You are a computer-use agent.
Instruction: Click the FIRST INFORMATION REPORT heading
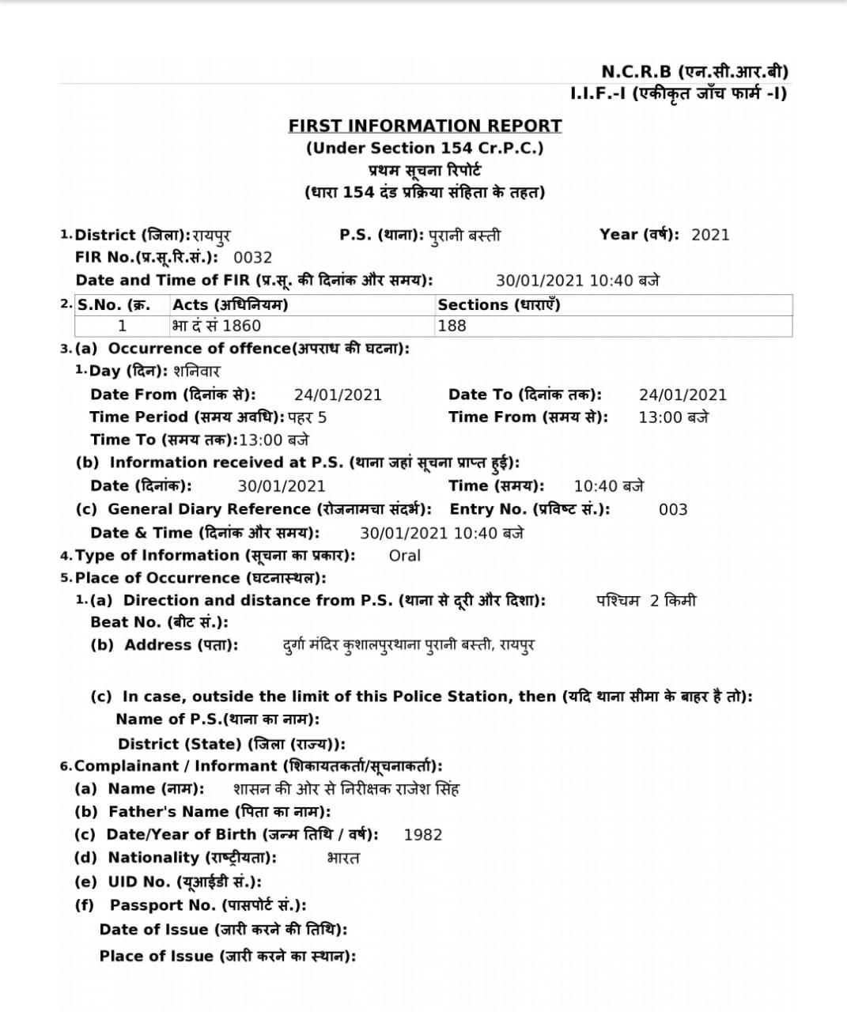pos(425,126)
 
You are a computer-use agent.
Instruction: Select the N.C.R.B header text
pos(694,72)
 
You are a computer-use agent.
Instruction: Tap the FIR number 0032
pos(253,258)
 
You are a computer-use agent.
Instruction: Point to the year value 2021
pos(710,235)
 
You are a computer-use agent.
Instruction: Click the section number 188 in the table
pos(452,326)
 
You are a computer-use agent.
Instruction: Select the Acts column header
pos(230,305)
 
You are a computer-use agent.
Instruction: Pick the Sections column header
pos(498,305)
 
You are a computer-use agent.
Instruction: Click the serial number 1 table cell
pos(122,326)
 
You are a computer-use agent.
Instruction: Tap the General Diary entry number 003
pos(673,510)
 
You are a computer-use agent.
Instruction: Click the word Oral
pos(405,556)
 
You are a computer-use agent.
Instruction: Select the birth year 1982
pos(423,835)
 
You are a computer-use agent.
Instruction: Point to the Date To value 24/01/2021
pos(683,395)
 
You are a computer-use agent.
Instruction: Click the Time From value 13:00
pos(673,417)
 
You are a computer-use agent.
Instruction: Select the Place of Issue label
pos(227,957)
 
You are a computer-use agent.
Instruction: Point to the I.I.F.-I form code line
pos(678,94)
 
